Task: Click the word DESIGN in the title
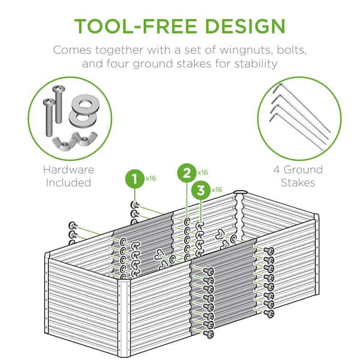click(x=245, y=26)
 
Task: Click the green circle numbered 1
click(x=135, y=179)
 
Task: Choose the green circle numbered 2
click(x=187, y=173)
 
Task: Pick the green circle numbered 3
click(x=201, y=190)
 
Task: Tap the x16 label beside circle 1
click(x=151, y=178)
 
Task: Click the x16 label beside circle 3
click(x=217, y=190)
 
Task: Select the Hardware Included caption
click(x=68, y=176)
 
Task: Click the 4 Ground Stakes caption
click(x=298, y=176)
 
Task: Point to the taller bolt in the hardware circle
click(x=59, y=104)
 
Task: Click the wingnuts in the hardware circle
click(x=74, y=140)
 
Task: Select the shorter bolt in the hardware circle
click(x=49, y=118)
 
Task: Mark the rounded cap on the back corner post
click(x=240, y=193)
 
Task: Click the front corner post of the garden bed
click(x=124, y=319)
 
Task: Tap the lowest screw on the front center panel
click(x=209, y=334)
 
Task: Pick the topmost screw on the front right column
click(x=269, y=251)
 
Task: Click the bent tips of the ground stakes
click(x=275, y=103)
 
